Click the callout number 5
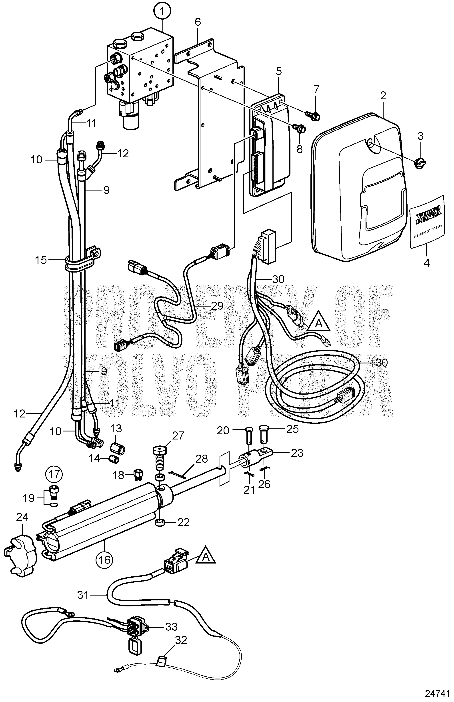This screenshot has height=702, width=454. tap(279, 71)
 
